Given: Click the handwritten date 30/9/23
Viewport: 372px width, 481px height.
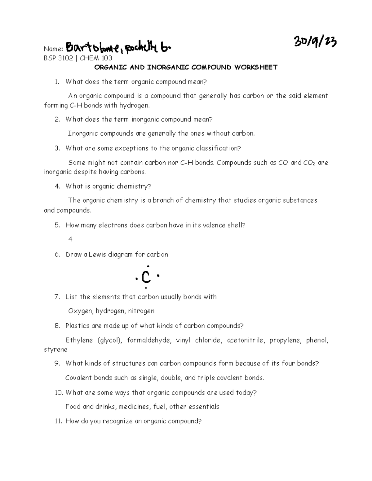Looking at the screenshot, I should pyautogui.click(x=315, y=42).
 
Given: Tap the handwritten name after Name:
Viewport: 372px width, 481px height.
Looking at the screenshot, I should pyautogui.click(x=118, y=48).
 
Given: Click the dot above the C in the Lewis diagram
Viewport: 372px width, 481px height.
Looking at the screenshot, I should pyautogui.click(x=148, y=266).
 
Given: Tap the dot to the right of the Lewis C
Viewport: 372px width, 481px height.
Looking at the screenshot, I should pyautogui.click(x=158, y=275).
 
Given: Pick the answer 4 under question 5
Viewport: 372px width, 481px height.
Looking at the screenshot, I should pyautogui.click(x=70, y=239).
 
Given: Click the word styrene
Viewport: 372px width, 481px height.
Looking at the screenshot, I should pyautogui.click(x=56, y=349).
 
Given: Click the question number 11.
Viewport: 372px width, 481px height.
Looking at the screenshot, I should pyautogui.click(x=58, y=421).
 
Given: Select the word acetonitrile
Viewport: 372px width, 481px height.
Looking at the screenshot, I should pyautogui.click(x=246, y=340).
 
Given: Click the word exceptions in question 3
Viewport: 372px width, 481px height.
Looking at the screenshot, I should pyautogui.click(x=132, y=148).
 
